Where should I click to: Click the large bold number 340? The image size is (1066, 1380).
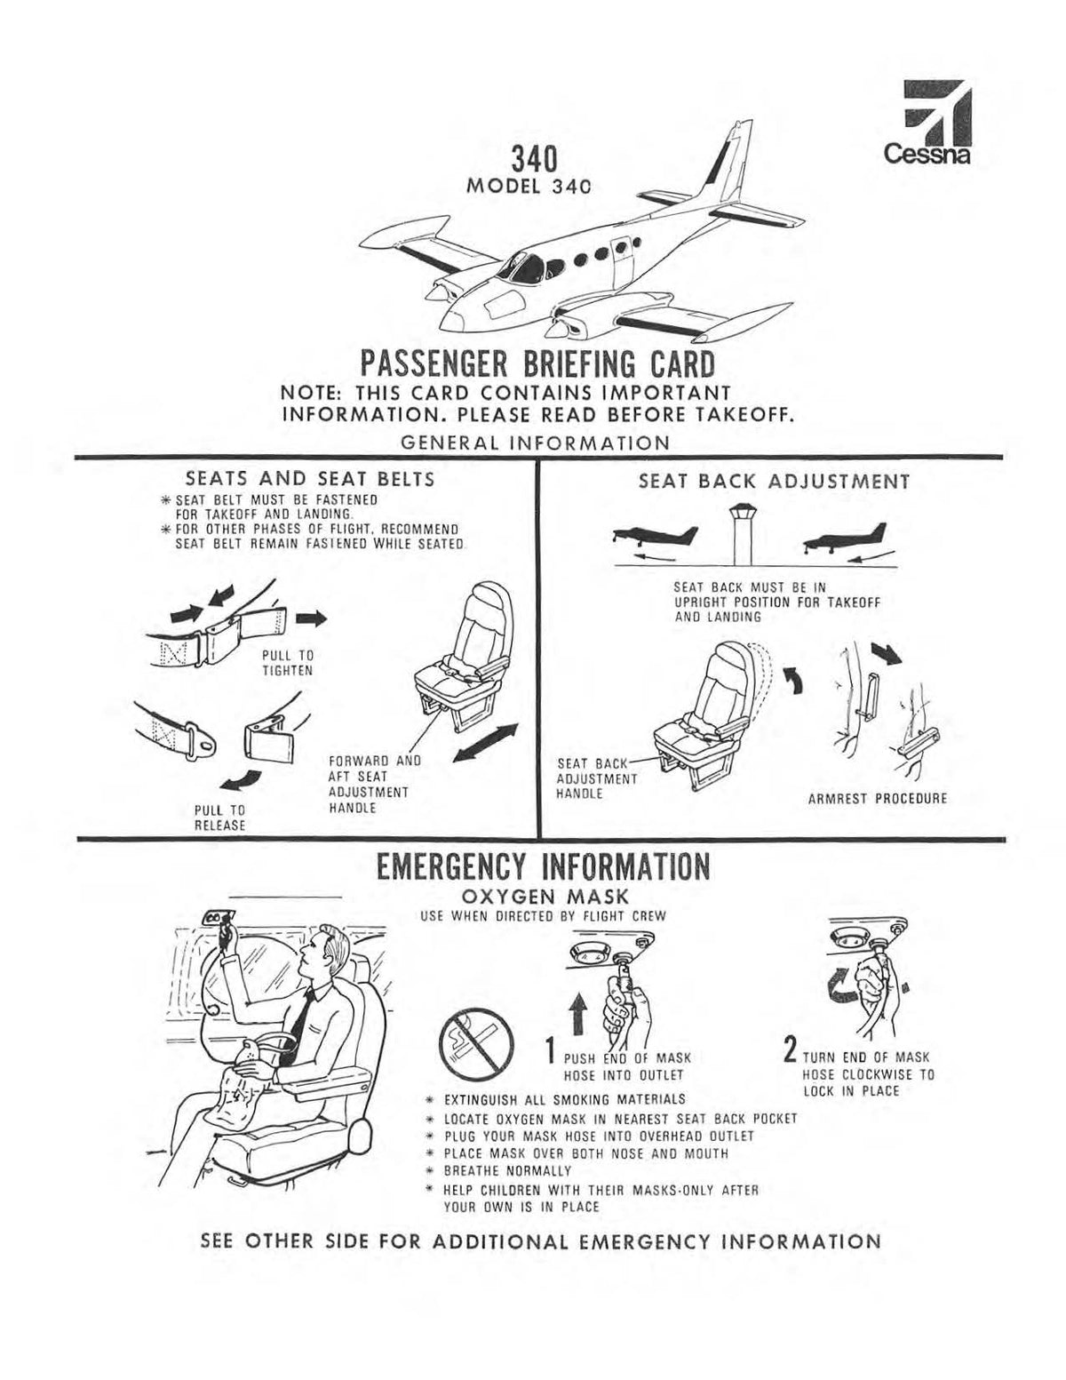(533, 161)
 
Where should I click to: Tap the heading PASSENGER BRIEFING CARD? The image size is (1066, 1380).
(537, 364)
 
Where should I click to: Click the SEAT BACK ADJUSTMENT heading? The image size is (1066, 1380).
(774, 482)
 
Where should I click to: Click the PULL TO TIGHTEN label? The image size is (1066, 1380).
(287, 663)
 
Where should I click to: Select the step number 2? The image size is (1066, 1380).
(788, 1053)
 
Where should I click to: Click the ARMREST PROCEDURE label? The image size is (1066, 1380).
(878, 798)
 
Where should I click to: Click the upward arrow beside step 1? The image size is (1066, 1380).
(577, 1014)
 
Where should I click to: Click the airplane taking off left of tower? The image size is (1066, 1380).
(656, 537)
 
